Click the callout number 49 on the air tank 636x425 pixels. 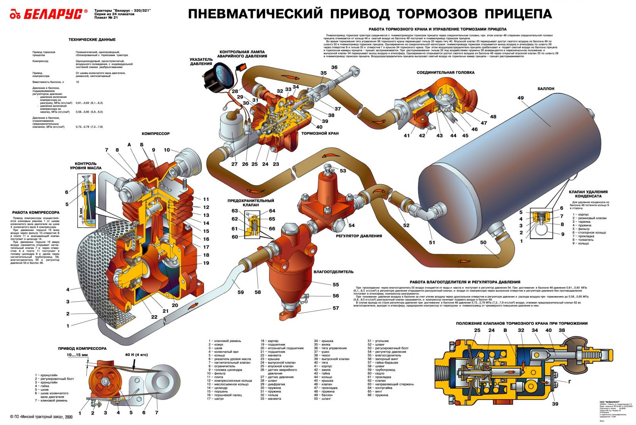[x=520, y=98]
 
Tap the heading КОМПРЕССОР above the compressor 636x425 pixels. [x=155, y=134]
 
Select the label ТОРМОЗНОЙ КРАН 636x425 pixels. [x=320, y=133]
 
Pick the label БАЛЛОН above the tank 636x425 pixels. [x=546, y=89]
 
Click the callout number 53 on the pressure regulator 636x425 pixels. [x=343, y=171]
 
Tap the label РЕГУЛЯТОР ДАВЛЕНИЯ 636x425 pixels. [x=359, y=236]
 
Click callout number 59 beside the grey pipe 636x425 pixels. [x=240, y=292]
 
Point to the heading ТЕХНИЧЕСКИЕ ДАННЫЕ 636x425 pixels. [x=92, y=40]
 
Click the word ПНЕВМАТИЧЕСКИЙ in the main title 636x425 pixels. [x=255, y=14]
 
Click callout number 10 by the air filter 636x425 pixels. [x=167, y=150]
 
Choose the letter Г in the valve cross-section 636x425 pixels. [x=570, y=382]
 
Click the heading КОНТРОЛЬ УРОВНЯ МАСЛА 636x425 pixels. [x=85, y=166]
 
